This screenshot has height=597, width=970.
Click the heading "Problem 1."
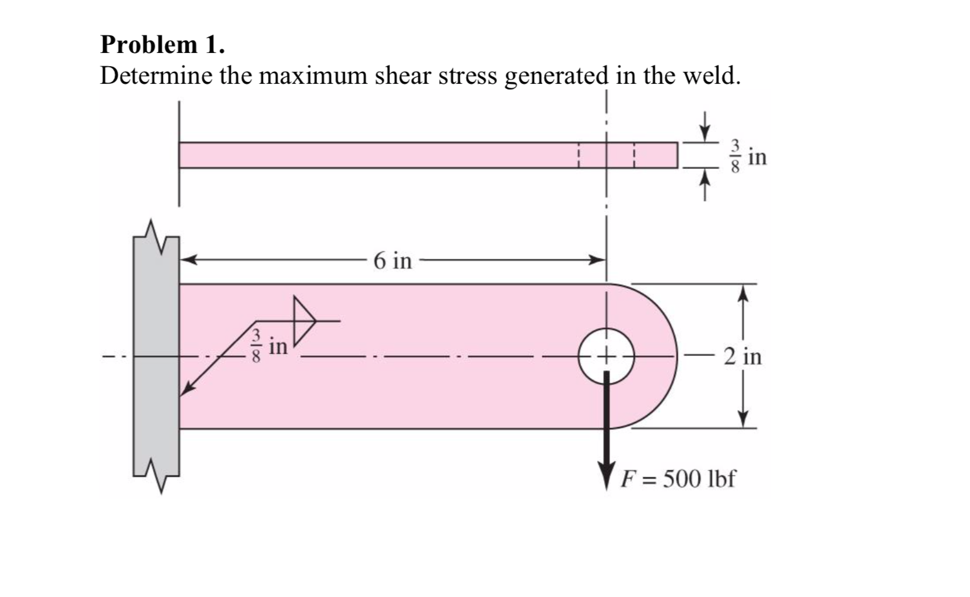pyautogui.click(x=162, y=45)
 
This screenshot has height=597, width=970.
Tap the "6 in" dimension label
pyautogui.click(x=393, y=260)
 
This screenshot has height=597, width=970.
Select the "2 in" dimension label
pyautogui.click(x=742, y=356)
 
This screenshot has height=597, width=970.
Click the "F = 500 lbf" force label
pyautogui.click(x=677, y=479)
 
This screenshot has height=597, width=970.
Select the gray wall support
pyautogui.click(x=155, y=356)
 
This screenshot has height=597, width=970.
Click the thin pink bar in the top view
pyautogui.click(x=428, y=155)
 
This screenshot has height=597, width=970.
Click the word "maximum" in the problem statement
pyautogui.click(x=313, y=76)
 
